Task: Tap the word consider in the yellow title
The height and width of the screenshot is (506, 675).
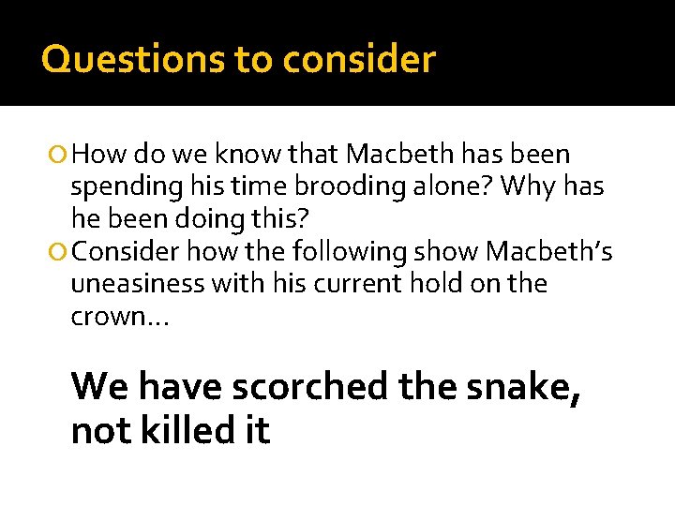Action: click(x=359, y=59)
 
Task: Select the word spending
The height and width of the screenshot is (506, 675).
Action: click(x=122, y=187)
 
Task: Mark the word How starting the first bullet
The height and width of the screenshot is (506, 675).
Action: click(x=99, y=154)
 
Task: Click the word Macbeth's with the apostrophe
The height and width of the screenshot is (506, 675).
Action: click(x=548, y=252)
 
